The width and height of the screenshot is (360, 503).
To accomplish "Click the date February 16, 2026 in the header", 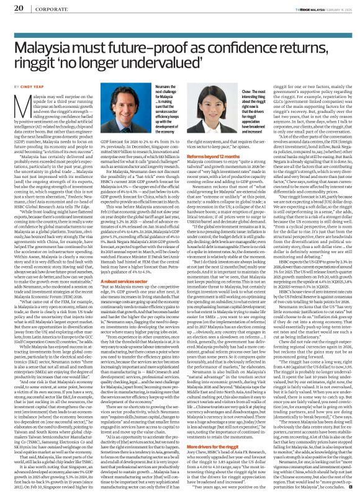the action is (x=335, y=7).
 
